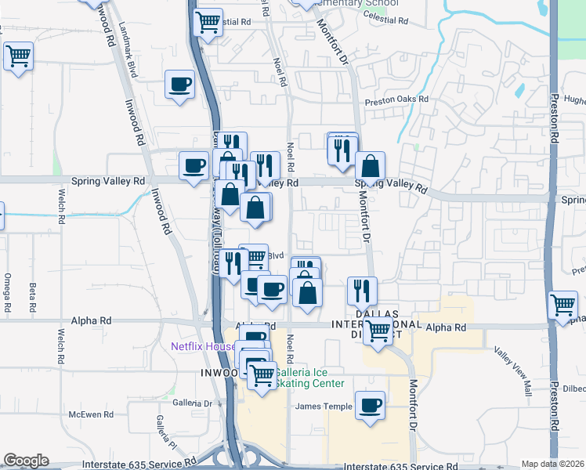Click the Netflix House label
coord(204,346)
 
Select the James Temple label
coord(323,406)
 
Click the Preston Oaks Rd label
coord(398,99)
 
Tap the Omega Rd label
coord(6,290)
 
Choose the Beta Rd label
coord(32,295)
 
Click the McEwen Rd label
coord(86,414)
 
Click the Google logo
coord(26,461)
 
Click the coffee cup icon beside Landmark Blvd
coord(179,84)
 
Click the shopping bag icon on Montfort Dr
coord(370,165)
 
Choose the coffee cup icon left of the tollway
coord(194,165)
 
